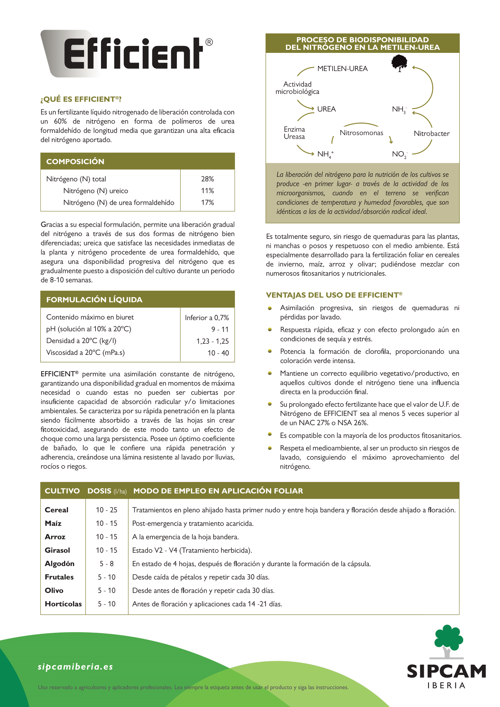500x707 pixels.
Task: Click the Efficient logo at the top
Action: (129, 54)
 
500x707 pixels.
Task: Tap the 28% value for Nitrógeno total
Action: (207, 179)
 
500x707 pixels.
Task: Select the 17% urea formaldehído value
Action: (207, 203)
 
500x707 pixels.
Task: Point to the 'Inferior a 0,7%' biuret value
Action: (206, 317)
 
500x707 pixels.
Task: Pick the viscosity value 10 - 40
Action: (218, 353)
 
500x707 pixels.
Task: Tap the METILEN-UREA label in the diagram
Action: (343, 69)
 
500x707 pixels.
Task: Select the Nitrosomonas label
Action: (362, 133)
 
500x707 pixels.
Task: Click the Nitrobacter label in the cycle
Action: (431, 134)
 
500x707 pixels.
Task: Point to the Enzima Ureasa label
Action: (294, 133)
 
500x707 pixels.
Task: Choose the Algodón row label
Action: (60, 563)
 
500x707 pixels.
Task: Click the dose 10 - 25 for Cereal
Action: (106, 510)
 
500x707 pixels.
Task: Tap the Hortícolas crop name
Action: (63, 604)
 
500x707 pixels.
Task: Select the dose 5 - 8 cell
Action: (106, 563)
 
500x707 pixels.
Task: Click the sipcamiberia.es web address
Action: (76, 667)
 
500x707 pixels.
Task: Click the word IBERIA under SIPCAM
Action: (446, 686)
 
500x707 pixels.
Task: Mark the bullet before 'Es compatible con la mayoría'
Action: (270, 434)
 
